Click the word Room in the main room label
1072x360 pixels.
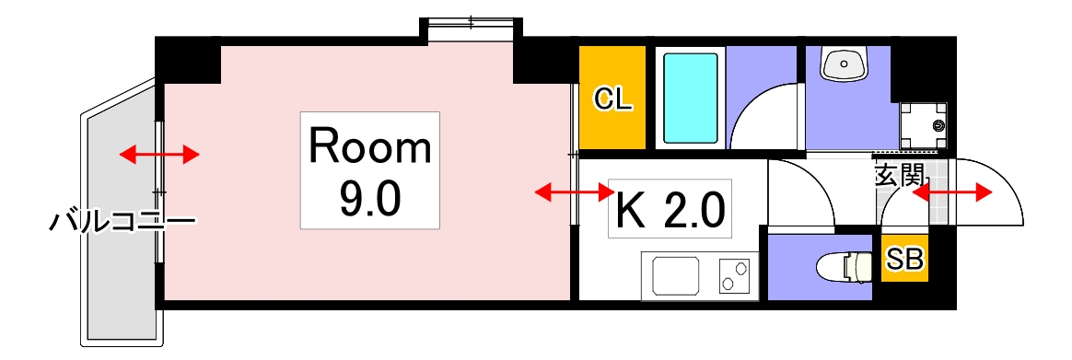[x=369, y=147]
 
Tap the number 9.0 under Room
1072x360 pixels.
[x=369, y=197]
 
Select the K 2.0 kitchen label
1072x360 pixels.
[x=670, y=211]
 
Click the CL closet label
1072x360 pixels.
[x=612, y=99]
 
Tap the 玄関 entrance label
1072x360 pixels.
[x=899, y=175]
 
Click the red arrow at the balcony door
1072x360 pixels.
[x=159, y=154]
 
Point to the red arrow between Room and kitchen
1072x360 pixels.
[x=575, y=192]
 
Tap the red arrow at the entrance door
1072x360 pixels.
[x=952, y=192]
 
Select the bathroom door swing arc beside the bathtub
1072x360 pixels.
[x=766, y=115]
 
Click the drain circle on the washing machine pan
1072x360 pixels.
[x=938, y=125]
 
